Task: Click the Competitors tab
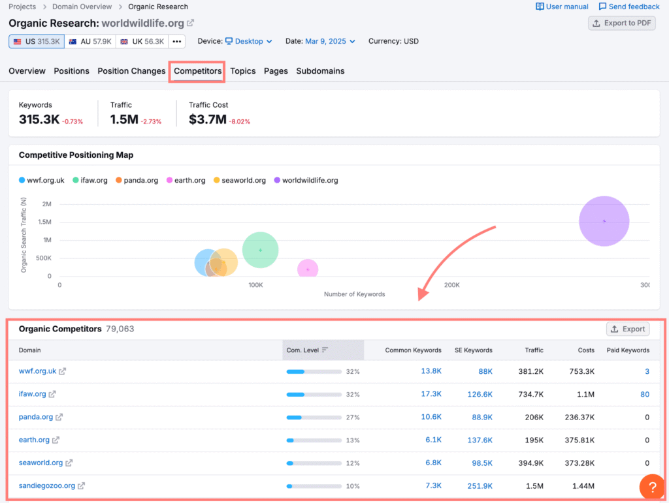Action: click(197, 71)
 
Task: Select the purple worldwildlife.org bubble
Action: click(604, 221)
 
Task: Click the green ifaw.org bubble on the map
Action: click(260, 250)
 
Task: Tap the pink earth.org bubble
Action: click(308, 269)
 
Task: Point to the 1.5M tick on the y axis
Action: click(44, 222)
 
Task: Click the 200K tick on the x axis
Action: click(451, 285)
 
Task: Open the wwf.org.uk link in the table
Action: click(38, 371)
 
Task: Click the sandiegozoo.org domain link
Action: click(47, 485)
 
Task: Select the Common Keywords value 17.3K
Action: click(431, 394)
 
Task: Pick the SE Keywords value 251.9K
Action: click(480, 485)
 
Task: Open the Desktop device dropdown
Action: click(248, 41)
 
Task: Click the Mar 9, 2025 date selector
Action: click(329, 41)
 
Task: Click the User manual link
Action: click(562, 7)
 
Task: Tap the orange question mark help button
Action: click(652, 487)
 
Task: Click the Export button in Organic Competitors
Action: click(627, 329)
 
